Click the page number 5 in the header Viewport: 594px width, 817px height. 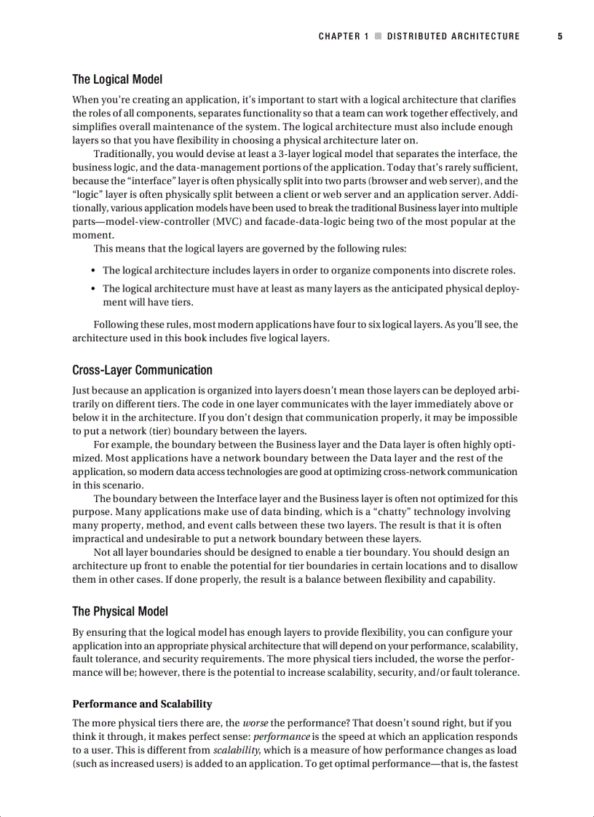pos(560,36)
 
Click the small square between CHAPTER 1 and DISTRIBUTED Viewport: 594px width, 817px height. pos(378,36)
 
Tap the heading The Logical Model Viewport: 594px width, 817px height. pos(117,79)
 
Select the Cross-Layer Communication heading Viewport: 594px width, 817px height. pos(142,370)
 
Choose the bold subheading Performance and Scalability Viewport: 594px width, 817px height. pos(142,704)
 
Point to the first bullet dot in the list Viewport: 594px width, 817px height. pos(95,271)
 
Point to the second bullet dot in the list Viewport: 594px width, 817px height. pos(95,290)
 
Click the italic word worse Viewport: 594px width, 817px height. pos(256,723)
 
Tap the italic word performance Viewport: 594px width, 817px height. pos(280,737)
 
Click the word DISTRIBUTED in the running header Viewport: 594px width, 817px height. pos(416,36)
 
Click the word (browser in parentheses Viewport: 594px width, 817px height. pos(390,181)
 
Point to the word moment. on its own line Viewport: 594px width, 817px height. pos(93,235)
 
